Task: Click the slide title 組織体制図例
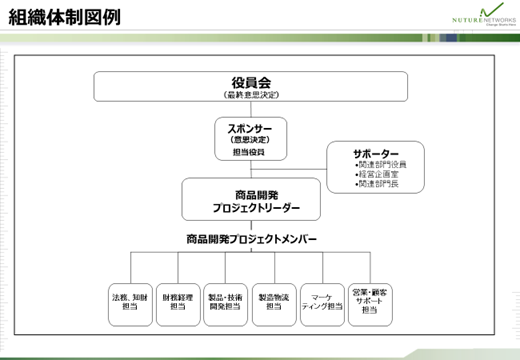pyautogui.click(x=62, y=17)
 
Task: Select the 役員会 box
pyautogui.click(x=251, y=86)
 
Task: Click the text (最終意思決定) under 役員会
pyautogui.click(x=251, y=95)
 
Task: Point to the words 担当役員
pyautogui.click(x=249, y=152)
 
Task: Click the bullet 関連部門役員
pyautogui.click(x=381, y=164)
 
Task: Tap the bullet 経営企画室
pyautogui.click(x=377, y=175)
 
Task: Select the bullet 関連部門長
pyautogui.click(x=378, y=186)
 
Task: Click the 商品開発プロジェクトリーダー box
pyautogui.click(x=250, y=200)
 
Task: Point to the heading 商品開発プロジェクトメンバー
pyautogui.click(x=251, y=240)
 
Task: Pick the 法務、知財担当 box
pyautogui.click(x=130, y=303)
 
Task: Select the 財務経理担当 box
pyautogui.click(x=177, y=303)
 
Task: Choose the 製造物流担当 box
pyautogui.click(x=273, y=303)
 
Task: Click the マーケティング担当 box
pyautogui.click(x=322, y=303)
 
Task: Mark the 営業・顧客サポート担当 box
pyautogui.click(x=370, y=303)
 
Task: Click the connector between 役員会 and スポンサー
pyautogui.click(x=251, y=110)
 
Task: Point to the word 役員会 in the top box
pyautogui.click(x=251, y=82)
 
